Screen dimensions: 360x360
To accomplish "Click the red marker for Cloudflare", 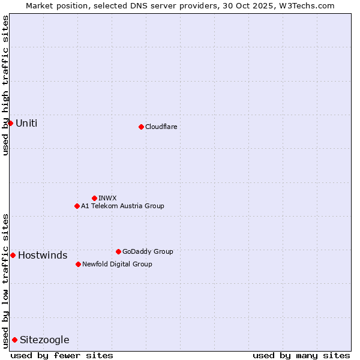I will coord(141,127).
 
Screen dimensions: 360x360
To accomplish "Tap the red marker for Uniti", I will coord(10,123).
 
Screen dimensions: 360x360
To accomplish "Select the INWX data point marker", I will coord(94,198).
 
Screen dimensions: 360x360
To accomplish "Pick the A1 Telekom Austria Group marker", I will coord(77,206).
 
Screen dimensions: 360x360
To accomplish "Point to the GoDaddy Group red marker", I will coord(118,251).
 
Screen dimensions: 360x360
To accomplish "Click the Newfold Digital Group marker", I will coord(78,264).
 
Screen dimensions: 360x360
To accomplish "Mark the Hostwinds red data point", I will coord(13,255).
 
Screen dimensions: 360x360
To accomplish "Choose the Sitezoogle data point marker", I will coord(14,340).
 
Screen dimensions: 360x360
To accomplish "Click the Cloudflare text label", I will coord(161,127).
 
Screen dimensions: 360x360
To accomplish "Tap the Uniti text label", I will coord(26,123).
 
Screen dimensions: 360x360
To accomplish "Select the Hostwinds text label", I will coord(43,256).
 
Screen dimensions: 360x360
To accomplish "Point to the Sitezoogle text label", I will coord(44,340).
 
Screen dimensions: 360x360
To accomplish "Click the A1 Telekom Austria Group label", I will coord(122,206).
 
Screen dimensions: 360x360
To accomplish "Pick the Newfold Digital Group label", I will coord(117,264).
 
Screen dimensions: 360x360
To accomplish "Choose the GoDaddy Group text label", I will coord(148,251).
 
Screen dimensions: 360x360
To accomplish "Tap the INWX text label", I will coord(107,198).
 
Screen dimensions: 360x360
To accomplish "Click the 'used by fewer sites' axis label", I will coord(62,355).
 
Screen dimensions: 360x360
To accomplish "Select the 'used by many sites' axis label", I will coord(301,355).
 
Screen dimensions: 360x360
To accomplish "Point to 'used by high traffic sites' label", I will coord(5,85).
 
